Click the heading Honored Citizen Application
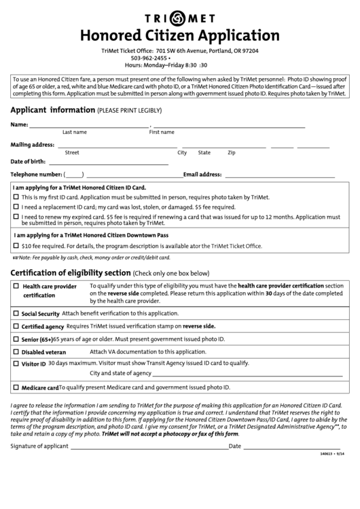(180, 35)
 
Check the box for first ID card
(16, 197)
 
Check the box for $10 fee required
(16, 246)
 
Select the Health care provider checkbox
(16, 287)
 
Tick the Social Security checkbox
(16, 314)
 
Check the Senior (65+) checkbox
(16, 338)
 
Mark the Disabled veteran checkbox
(16, 352)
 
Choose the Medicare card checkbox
(16, 387)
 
